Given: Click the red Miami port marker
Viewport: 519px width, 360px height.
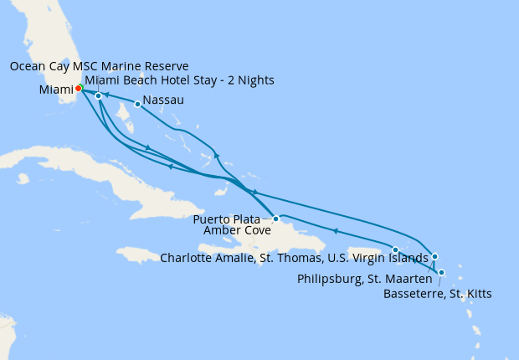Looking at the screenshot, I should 78,88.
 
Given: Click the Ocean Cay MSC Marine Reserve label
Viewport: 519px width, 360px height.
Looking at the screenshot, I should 100,66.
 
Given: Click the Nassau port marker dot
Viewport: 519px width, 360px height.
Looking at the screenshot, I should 137,105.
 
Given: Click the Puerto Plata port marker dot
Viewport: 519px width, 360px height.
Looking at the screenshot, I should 275,219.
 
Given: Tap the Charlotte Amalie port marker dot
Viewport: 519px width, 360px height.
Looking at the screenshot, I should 395,249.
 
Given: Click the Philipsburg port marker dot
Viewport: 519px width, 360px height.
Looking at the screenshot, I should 434,256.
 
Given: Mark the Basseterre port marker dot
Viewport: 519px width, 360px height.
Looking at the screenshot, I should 441,272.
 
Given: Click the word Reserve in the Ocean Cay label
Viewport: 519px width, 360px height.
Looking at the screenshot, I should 167,66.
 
